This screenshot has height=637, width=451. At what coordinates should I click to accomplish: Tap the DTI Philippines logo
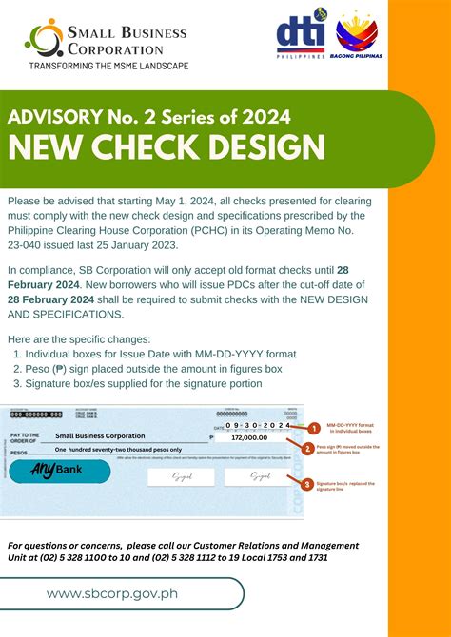point(301,37)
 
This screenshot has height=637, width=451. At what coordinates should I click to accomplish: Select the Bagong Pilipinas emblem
point(357,37)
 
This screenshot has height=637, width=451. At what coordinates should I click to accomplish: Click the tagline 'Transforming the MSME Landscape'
point(108,66)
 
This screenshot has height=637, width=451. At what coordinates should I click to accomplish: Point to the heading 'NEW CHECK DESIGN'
point(167,147)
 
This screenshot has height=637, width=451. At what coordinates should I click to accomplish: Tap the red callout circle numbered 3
point(307,484)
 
